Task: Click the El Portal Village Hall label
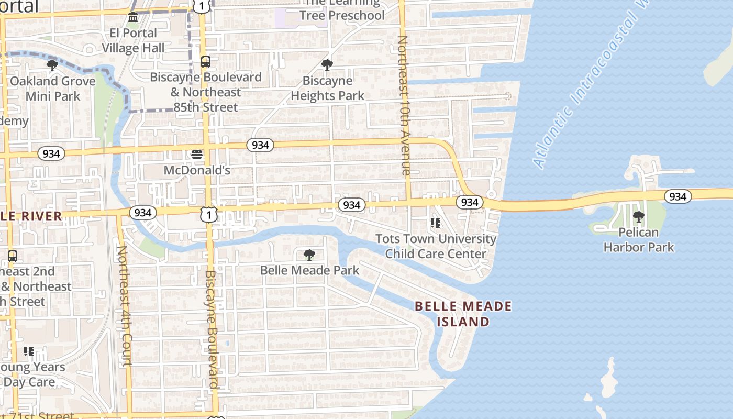tap(133, 40)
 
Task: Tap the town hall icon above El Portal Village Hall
tap(133, 18)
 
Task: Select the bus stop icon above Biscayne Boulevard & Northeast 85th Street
tap(206, 62)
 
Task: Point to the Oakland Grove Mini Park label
tap(53, 89)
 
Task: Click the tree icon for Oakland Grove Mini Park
tap(52, 65)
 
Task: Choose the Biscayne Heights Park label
tap(328, 89)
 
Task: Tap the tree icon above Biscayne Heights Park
tap(327, 65)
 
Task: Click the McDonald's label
tap(197, 170)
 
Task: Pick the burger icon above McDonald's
tap(197, 154)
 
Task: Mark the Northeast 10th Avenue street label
tap(404, 105)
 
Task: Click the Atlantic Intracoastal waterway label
tap(586, 89)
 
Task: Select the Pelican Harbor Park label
tap(639, 239)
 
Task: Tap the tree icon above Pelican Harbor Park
tap(638, 216)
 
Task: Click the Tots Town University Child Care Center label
tap(436, 246)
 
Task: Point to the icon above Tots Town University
tap(436, 223)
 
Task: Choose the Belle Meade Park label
tap(309, 270)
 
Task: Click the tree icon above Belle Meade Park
tap(309, 255)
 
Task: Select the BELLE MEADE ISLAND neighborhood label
tap(463, 314)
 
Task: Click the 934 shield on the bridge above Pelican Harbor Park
tap(678, 196)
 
